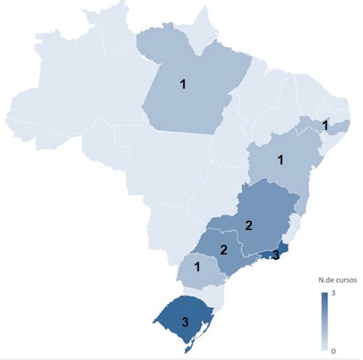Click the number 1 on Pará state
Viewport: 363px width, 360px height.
pyautogui.click(x=183, y=84)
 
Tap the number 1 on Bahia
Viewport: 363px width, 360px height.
pyautogui.click(x=280, y=159)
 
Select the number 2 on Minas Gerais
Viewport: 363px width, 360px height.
pyautogui.click(x=249, y=225)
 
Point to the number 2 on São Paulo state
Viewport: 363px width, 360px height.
pyautogui.click(x=224, y=250)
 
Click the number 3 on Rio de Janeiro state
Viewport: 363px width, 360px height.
pyautogui.click(x=275, y=255)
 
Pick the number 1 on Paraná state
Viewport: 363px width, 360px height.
pyautogui.click(x=197, y=267)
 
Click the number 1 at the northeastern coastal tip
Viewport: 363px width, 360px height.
pyautogui.click(x=325, y=126)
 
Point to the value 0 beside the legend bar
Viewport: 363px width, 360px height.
pyautogui.click(x=334, y=351)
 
